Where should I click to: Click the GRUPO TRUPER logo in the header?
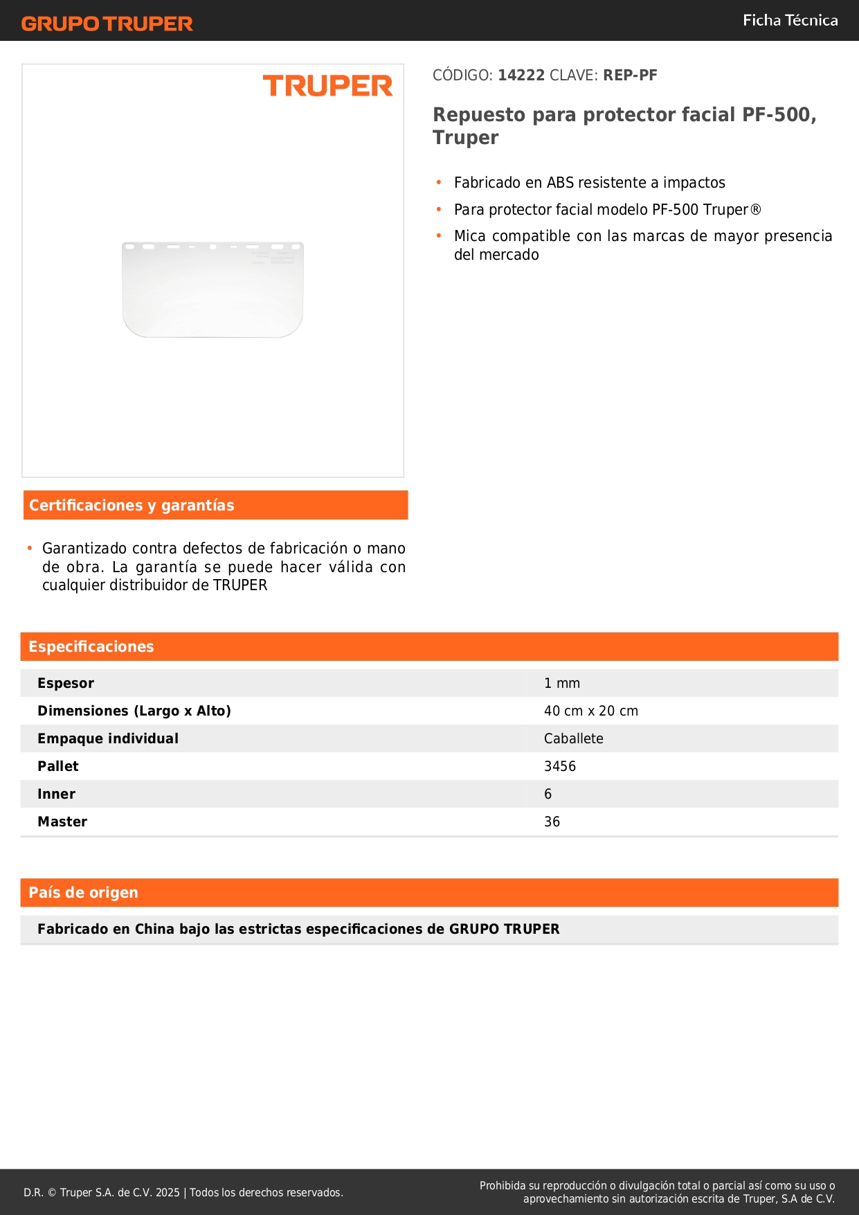(x=107, y=24)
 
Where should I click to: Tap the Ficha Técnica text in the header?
(x=790, y=20)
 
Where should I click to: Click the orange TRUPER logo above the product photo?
(x=327, y=86)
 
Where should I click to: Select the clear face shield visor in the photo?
(x=213, y=290)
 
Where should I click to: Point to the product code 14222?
(x=521, y=75)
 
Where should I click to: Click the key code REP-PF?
(x=630, y=75)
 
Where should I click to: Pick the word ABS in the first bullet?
(x=560, y=183)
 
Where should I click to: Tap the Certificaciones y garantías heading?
(x=132, y=505)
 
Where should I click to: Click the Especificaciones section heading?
(x=91, y=646)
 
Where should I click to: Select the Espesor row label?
(x=66, y=683)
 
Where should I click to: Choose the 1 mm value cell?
(x=562, y=683)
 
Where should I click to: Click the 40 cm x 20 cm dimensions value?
(x=591, y=711)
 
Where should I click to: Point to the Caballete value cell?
(x=574, y=738)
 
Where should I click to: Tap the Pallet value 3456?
(x=560, y=766)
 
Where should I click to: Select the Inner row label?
(x=56, y=794)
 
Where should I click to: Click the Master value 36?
(x=552, y=822)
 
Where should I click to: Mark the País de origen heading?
(x=83, y=892)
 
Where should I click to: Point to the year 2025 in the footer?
(x=168, y=1192)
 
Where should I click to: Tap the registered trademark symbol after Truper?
(x=756, y=209)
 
